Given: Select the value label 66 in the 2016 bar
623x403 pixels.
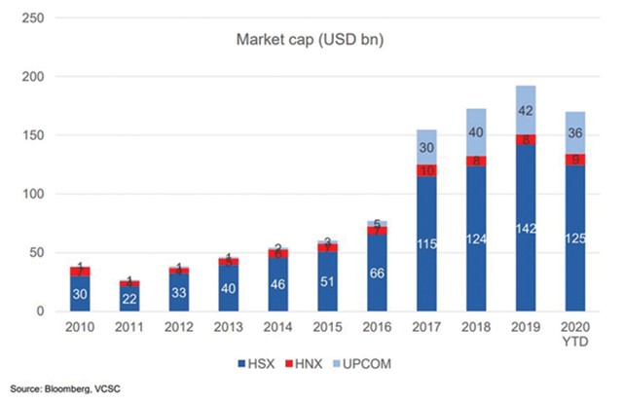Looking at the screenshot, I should [375, 275].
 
